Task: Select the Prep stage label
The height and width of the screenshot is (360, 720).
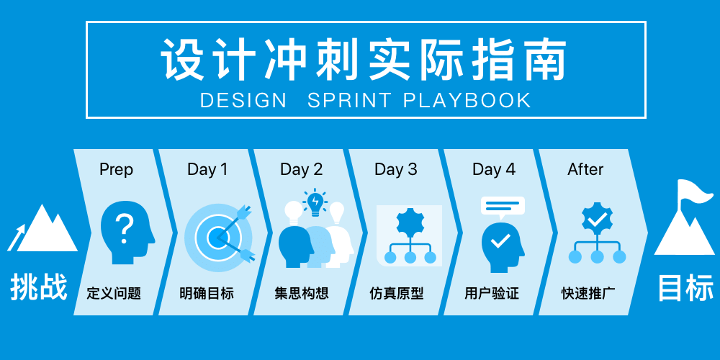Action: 116,170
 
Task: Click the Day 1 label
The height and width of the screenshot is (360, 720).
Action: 207,169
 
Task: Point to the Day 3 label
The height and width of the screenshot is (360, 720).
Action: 396,169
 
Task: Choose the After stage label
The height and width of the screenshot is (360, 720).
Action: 585,169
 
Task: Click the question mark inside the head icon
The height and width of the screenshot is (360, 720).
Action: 124,230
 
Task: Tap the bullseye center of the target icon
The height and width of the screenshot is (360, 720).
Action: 215,238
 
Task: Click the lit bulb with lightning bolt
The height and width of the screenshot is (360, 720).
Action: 315,202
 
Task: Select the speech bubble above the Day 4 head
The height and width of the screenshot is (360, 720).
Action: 503,207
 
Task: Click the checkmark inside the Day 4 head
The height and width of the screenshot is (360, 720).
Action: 500,240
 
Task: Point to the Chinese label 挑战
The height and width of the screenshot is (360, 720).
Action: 39,287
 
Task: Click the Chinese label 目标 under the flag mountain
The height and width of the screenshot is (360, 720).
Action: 686,288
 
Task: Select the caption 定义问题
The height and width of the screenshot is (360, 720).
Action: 114,294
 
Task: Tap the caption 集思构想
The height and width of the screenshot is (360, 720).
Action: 302,294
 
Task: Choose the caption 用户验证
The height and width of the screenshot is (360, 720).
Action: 491,294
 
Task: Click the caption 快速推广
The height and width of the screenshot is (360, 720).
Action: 589,294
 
